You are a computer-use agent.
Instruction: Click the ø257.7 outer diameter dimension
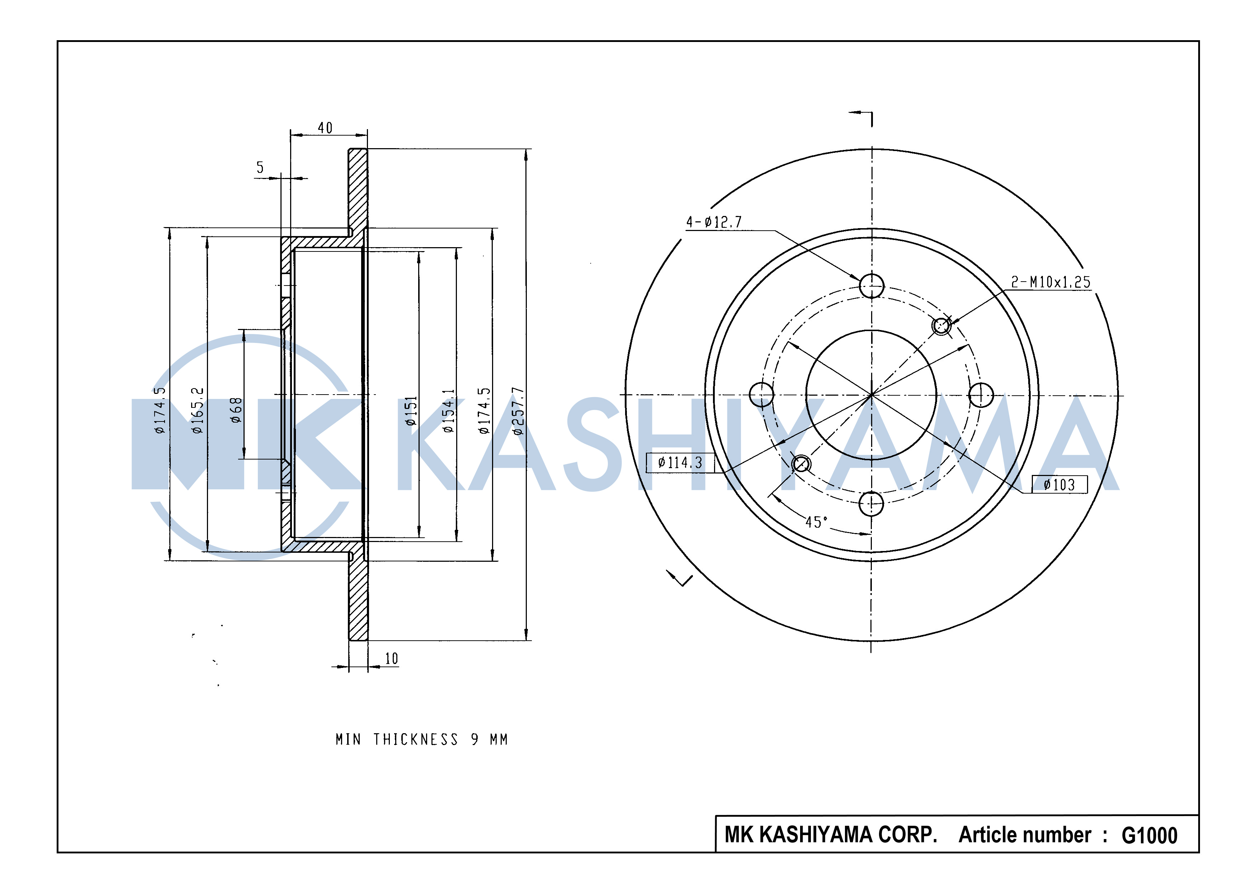pyautogui.click(x=518, y=411)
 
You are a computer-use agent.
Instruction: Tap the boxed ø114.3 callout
pyautogui.click(x=680, y=462)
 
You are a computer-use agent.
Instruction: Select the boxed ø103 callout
pyautogui.click(x=1059, y=484)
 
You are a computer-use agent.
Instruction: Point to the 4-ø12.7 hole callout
pyautogui.click(x=714, y=222)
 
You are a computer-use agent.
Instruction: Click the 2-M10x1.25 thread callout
pyautogui.click(x=1050, y=282)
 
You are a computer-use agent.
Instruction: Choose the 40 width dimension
pyautogui.click(x=325, y=128)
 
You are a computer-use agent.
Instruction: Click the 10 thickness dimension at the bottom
pyautogui.click(x=391, y=659)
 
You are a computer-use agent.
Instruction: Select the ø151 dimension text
pyautogui.click(x=411, y=411)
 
